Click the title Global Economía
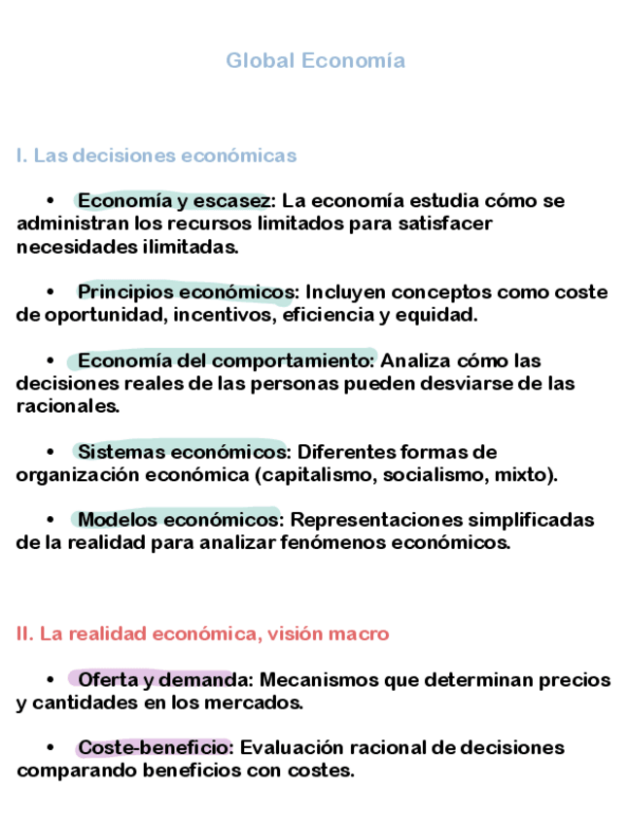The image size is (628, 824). [x=315, y=61]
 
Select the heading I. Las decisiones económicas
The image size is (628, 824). [x=157, y=155]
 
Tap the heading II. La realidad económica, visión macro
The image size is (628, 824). [x=202, y=634]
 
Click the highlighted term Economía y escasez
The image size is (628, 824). [x=174, y=201]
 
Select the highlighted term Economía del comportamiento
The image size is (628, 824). [x=227, y=360]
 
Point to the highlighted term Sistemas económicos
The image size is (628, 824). [x=182, y=452]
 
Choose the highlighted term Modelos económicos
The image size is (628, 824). [x=179, y=520]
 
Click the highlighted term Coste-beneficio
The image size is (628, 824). [x=154, y=747]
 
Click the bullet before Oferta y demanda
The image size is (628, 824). [x=51, y=679]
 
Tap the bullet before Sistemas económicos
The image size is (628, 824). [x=51, y=452]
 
